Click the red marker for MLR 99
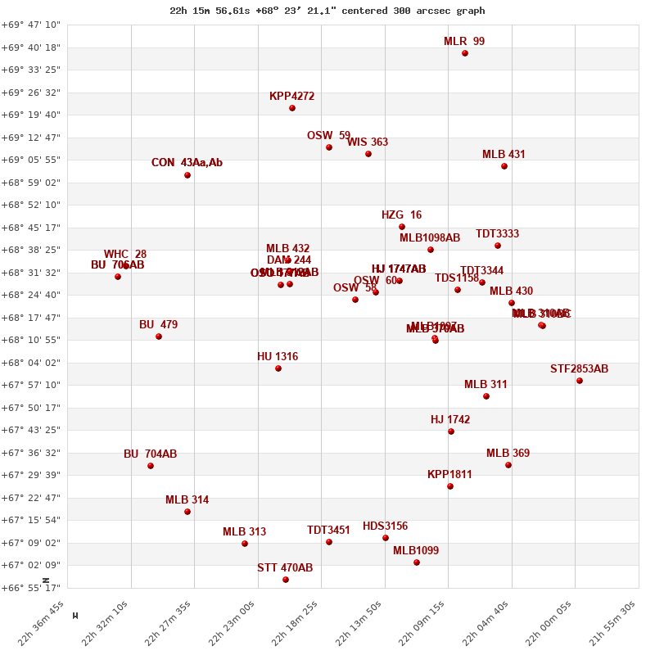pos(465,53)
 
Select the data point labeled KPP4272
pos(292,108)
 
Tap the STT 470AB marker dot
pos(286,580)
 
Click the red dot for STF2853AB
pos(580,381)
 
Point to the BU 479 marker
pos(159,337)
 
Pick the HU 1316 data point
pos(278,368)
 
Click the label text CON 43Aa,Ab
pos(187,163)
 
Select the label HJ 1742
pos(450,420)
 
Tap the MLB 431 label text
pos(504,155)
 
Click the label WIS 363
pos(368,142)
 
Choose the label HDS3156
pos(385,526)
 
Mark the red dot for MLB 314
pos(187,512)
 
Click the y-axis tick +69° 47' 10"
pos(30,25)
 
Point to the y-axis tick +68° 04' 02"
pos(30,363)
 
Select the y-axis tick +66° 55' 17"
pos(30,588)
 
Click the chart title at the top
pos(327,11)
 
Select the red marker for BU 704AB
pos(151,466)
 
